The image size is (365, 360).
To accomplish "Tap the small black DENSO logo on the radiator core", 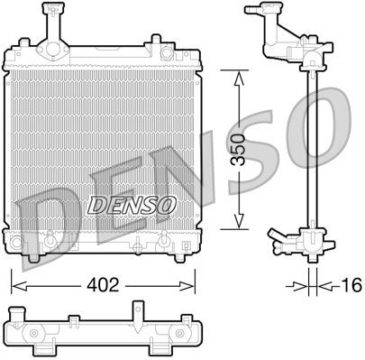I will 131,204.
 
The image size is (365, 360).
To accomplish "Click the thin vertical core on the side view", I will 312,153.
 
